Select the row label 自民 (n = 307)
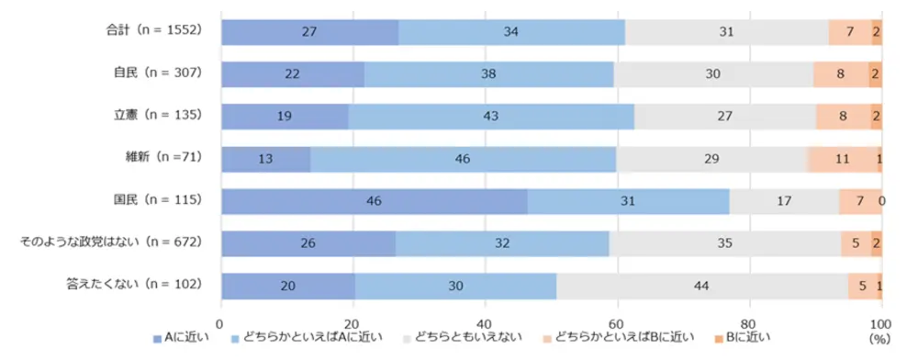[x=156, y=72]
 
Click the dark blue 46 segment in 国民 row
[x=375, y=200]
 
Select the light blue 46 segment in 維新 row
[x=463, y=158]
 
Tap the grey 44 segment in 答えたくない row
[x=701, y=286]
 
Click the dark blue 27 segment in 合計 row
[x=310, y=31]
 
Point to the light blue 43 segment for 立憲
[x=491, y=116]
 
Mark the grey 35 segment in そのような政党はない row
[x=724, y=243]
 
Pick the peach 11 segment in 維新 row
[x=843, y=158]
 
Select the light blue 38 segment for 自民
[x=488, y=73]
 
